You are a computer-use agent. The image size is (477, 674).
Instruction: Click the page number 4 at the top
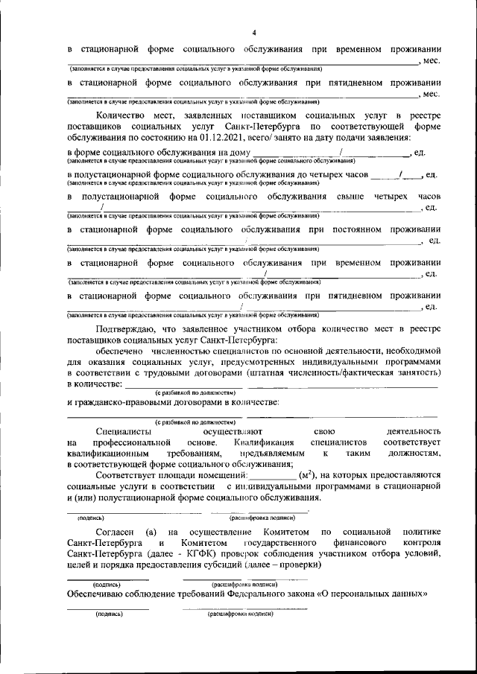tap(253, 33)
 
